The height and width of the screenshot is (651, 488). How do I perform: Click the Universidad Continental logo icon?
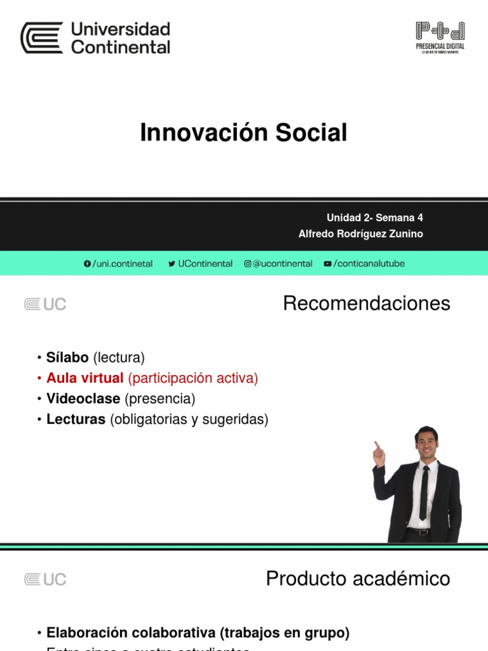[x=42, y=38]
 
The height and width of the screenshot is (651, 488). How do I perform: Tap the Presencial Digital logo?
[x=440, y=38]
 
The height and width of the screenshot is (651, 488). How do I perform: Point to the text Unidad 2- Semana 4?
[x=374, y=217]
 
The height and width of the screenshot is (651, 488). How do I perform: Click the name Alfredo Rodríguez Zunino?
[x=360, y=234]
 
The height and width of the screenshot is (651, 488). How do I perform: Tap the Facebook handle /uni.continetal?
[x=118, y=264]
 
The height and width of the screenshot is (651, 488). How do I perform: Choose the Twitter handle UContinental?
[x=200, y=264]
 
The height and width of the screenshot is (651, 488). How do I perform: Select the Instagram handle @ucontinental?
[x=278, y=264]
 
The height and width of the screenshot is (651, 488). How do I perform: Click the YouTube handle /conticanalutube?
[x=364, y=264]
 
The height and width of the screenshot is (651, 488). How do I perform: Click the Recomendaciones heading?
[x=367, y=304]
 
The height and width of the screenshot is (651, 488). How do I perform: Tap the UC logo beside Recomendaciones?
[x=45, y=305]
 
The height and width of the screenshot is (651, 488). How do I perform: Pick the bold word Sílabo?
[x=67, y=357]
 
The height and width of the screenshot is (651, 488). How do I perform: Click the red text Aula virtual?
[x=85, y=378]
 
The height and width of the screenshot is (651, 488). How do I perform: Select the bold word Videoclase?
[x=83, y=399]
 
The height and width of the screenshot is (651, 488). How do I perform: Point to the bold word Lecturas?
[x=76, y=420]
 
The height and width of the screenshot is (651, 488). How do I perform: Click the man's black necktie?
[x=424, y=493]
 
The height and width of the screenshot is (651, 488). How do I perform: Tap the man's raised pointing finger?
[x=376, y=445]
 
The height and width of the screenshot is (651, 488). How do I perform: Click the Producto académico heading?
[x=358, y=579]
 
